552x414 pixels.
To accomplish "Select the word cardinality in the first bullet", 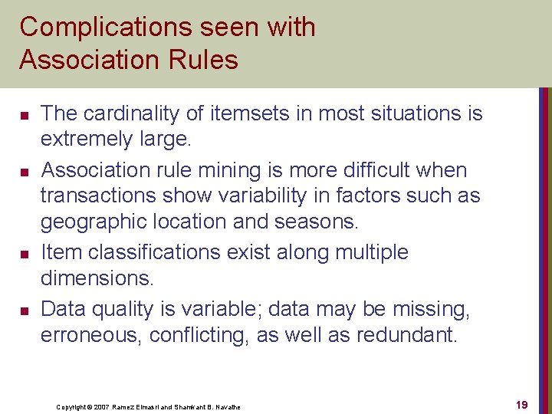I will [123, 113].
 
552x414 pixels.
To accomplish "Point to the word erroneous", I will [91, 336].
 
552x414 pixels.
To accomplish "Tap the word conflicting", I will [200, 336].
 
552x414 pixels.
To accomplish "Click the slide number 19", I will [521, 405].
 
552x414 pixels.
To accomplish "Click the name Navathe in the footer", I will [226, 407].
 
